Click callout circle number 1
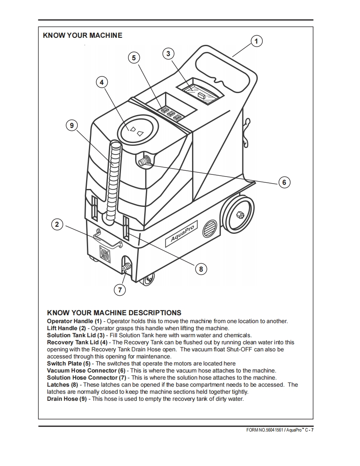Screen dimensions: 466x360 [x=256, y=41]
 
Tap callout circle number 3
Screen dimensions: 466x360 [x=168, y=54]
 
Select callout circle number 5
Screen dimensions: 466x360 [x=133, y=58]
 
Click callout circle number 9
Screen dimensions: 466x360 [x=72, y=125]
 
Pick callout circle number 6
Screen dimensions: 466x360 [x=284, y=182]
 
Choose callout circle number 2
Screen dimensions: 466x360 [x=57, y=225]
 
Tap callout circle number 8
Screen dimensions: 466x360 [x=201, y=269]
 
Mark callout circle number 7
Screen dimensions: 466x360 [x=120, y=290]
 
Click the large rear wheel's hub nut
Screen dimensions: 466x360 [x=239, y=214]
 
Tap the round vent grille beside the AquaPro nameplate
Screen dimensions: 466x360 [x=210, y=228]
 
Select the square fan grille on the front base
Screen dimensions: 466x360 [x=105, y=253]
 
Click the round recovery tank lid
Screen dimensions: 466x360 [x=137, y=130]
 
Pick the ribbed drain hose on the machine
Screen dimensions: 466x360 [x=112, y=179]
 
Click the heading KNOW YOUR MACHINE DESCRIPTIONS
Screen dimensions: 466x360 [x=114, y=313]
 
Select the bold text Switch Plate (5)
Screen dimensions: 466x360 [x=69, y=363]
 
